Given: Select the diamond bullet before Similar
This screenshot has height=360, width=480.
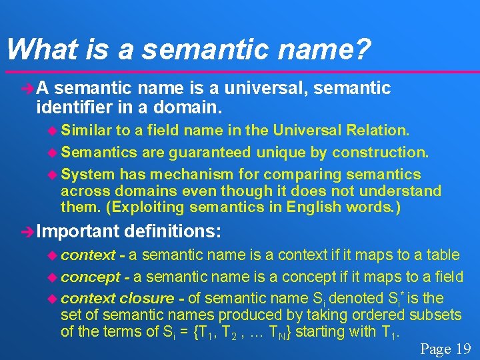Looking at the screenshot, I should (54, 129).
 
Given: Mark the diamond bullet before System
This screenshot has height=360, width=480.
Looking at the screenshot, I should (54, 175).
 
